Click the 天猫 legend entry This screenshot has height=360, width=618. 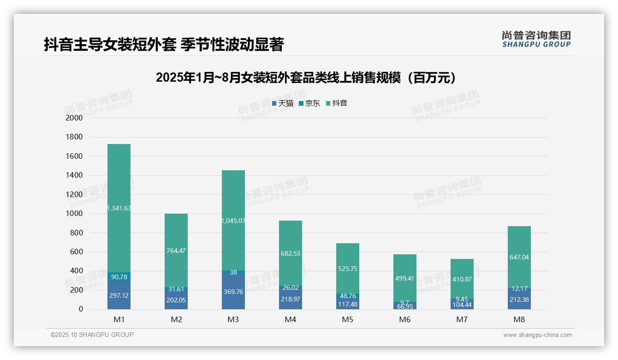pyautogui.click(x=282, y=103)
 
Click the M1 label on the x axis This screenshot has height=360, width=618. pyautogui.click(x=119, y=319)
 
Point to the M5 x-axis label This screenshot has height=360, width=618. pyautogui.click(x=347, y=319)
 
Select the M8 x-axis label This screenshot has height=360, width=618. pyautogui.click(x=519, y=319)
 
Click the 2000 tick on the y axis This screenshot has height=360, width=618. pyautogui.click(x=74, y=118)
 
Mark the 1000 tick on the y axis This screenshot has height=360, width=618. pyautogui.click(x=74, y=214)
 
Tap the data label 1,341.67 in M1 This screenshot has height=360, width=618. pyautogui.click(x=119, y=208)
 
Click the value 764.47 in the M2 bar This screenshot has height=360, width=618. pyautogui.click(x=176, y=251)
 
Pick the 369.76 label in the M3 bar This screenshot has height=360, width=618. pyautogui.click(x=233, y=292)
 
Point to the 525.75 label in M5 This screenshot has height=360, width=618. pyautogui.click(x=347, y=269)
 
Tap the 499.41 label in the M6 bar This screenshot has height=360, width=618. pyautogui.click(x=404, y=278)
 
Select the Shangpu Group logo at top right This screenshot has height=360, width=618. pyautogui.click(x=536, y=39)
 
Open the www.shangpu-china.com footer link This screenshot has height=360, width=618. pyautogui.click(x=537, y=335)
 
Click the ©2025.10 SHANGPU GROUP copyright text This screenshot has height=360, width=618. pyautogui.click(x=92, y=335)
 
